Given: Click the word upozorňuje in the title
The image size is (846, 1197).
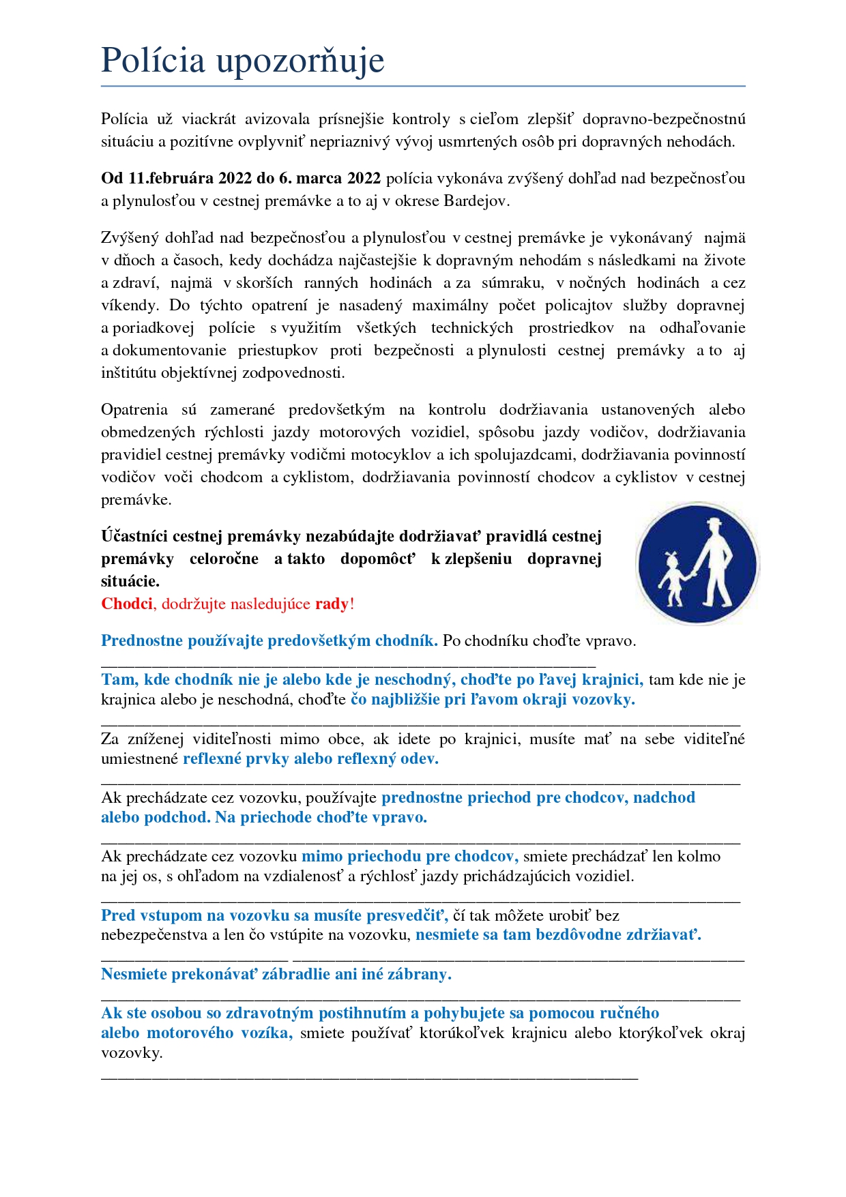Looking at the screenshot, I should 300,61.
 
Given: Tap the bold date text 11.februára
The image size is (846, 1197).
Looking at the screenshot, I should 171,179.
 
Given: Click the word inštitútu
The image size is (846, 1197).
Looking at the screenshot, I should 129,373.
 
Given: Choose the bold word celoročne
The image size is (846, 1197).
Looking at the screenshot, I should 224,559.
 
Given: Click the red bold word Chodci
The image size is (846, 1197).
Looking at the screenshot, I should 127,604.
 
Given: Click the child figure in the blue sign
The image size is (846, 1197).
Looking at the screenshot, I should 672,580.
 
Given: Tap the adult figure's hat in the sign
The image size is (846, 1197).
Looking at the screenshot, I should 714,523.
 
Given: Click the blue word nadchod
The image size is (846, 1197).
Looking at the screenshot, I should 664,798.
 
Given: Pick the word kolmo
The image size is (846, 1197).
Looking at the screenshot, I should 699,857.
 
